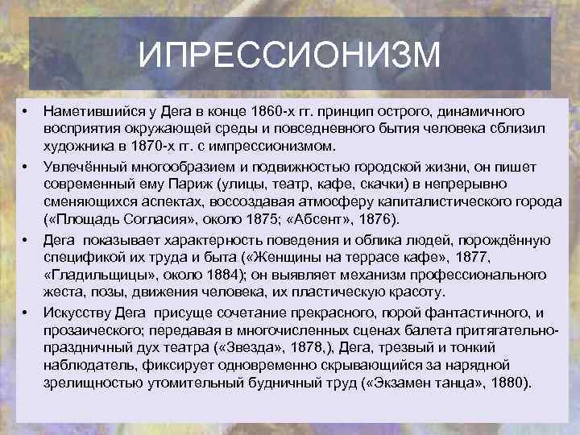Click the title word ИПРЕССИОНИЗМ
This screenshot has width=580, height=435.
(289, 55)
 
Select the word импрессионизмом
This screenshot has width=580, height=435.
(272, 147)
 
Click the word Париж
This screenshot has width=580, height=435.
(191, 184)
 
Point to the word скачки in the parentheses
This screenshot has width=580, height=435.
(383, 184)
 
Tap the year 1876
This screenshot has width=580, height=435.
(375, 220)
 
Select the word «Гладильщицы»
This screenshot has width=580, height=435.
(99, 275)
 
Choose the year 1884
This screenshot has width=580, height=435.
(223, 275)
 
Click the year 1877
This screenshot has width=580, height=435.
(471, 257)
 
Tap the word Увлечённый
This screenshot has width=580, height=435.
(85, 168)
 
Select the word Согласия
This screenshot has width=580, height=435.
(158, 220)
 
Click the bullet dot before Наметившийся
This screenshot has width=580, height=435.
(25, 111)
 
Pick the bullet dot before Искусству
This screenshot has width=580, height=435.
(25, 313)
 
